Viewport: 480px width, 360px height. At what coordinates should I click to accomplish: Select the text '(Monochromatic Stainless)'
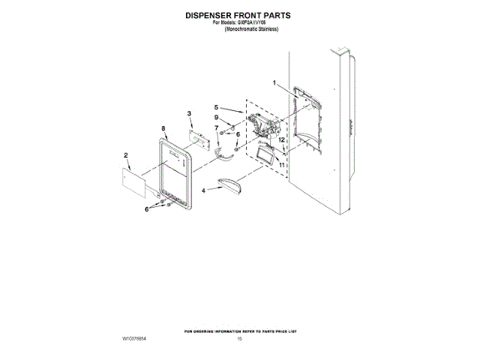point(252,29)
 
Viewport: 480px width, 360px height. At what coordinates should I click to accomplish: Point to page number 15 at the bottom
point(239,340)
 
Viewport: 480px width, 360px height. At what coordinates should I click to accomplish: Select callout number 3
point(190,113)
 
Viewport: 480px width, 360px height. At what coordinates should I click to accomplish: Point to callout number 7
point(217,128)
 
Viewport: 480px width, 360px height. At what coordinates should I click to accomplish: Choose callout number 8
point(163,129)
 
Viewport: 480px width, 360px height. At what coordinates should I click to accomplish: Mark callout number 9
point(216,118)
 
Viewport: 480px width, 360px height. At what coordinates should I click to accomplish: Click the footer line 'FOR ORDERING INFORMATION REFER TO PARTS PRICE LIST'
point(239,330)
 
